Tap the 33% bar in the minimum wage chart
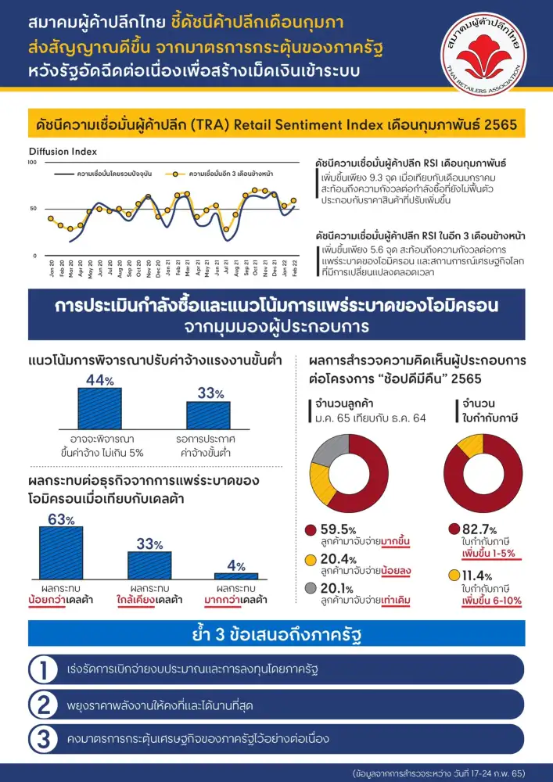tap(208, 414)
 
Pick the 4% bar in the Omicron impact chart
tap(236, 576)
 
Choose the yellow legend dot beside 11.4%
tap(454, 576)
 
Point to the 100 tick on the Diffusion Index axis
tap(32, 163)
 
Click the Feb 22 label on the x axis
tap(295, 268)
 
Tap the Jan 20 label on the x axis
tap(52, 268)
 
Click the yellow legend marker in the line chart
tap(178, 172)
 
